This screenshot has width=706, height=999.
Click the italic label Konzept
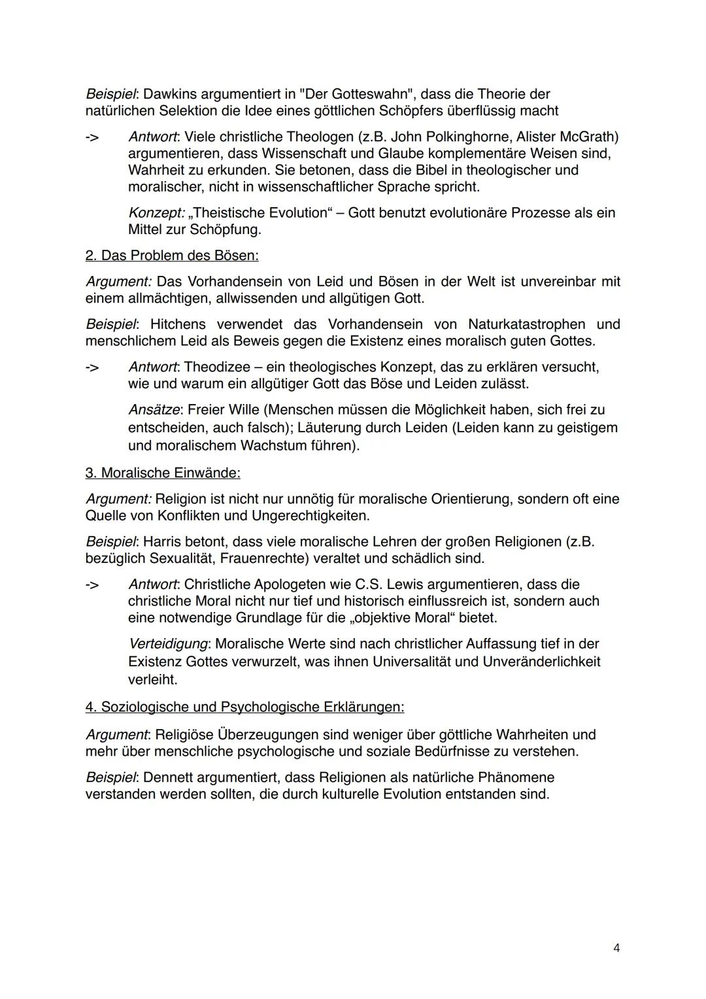pos(156,213)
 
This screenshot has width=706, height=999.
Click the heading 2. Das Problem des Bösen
pos(172,256)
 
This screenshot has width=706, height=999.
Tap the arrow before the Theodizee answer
pos(93,367)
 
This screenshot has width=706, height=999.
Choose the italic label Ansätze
pos(154,410)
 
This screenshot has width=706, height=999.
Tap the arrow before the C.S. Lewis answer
pos(93,584)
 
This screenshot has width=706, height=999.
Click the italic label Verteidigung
pos(167,644)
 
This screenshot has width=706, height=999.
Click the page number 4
pos(616,948)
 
